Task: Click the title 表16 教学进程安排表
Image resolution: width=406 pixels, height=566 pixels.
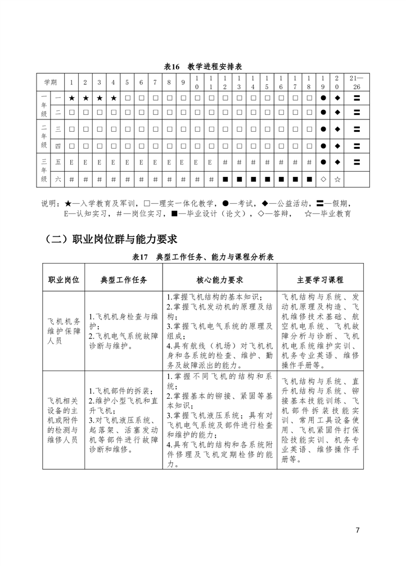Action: tap(202, 66)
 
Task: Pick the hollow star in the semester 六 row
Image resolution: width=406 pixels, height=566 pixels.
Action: tap(337, 180)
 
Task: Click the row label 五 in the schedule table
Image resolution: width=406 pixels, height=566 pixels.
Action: tap(58, 162)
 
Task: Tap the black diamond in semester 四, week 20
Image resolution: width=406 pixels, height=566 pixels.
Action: tap(337, 146)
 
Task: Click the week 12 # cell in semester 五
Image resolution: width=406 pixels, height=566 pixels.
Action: tap(225, 162)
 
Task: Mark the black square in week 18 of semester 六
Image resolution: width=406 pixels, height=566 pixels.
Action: tap(309, 180)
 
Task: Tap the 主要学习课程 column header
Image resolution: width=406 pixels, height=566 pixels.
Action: tap(320, 279)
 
